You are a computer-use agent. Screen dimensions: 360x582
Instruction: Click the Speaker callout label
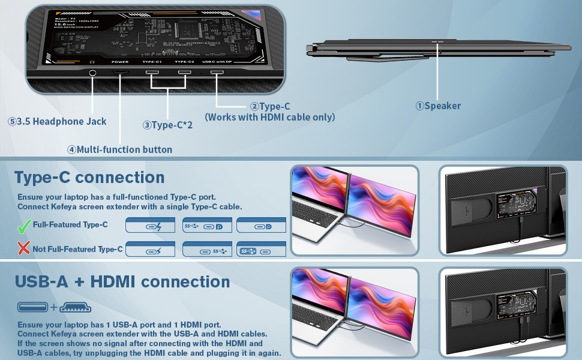(x=438, y=106)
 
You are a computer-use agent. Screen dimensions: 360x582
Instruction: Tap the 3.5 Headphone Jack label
(x=57, y=121)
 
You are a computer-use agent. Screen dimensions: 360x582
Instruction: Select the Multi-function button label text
(x=119, y=149)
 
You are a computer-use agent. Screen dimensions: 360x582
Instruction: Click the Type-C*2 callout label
(x=167, y=125)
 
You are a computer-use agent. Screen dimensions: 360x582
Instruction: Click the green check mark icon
(x=24, y=226)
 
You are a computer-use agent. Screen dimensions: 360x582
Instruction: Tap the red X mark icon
(x=24, y=248)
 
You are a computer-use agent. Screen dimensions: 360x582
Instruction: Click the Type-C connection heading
(x=89, y=178)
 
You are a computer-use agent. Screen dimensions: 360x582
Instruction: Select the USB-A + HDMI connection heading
(x=122, y=281)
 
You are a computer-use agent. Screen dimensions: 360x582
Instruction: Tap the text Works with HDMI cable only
(x=270, y=117)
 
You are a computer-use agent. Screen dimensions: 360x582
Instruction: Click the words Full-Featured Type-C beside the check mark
(x=70, y=225)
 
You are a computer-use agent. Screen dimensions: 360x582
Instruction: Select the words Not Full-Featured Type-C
(x=77, y=249)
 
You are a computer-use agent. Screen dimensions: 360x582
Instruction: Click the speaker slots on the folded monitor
(x=437, y=43)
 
